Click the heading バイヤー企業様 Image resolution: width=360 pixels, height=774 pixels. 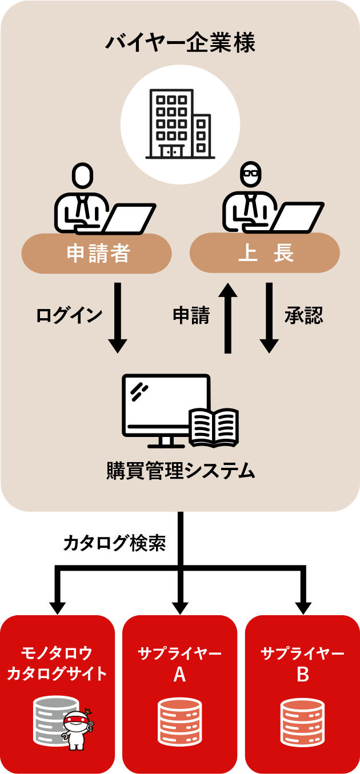[180, 43]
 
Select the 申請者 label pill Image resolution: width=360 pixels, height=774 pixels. [97, 254]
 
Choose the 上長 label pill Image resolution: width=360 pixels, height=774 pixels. [265, 253]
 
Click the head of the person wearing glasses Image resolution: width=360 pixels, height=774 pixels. [250, 175]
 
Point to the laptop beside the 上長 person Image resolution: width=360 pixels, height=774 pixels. [298, 218]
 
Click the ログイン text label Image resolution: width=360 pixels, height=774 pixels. [69, 315]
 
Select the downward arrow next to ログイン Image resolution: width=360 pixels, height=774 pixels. [118, 317]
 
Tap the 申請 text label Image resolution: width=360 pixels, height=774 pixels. [191, 315]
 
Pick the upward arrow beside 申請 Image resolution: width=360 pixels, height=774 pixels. [228, 317]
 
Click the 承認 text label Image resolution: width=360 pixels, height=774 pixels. [303, 315]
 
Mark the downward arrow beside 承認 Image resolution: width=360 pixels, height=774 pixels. [269, 317]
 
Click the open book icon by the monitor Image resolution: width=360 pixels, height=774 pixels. [214, 427]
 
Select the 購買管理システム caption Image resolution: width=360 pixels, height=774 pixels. [180, 471]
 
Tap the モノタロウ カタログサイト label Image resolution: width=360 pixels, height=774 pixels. [57, 663]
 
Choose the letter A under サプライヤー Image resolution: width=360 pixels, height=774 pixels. [179, 675]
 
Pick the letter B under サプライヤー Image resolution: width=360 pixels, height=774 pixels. [303, 675]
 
